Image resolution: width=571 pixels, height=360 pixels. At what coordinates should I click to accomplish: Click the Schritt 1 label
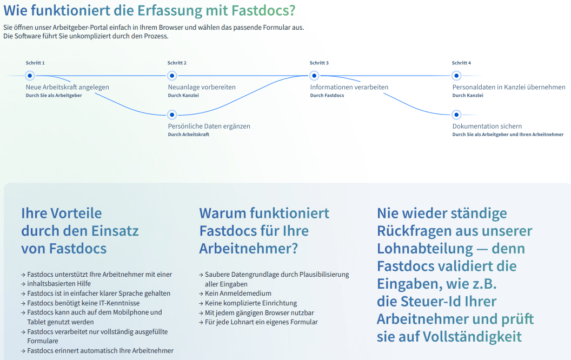35,63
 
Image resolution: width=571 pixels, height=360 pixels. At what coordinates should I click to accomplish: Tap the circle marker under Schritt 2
172,76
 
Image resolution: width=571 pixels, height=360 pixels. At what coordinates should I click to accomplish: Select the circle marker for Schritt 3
314,76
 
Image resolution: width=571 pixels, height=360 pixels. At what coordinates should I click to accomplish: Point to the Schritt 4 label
461,63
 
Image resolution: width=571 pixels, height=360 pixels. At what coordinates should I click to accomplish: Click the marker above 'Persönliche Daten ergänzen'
172,115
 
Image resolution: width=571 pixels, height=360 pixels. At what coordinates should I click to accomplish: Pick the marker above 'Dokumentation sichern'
456,115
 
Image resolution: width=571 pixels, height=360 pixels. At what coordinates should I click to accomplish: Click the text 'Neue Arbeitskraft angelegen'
68,88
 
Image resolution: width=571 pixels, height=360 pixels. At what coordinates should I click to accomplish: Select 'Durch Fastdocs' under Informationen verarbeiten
327,95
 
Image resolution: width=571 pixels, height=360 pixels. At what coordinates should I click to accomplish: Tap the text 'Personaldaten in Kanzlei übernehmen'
509,88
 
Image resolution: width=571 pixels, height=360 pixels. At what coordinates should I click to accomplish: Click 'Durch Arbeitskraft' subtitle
189,134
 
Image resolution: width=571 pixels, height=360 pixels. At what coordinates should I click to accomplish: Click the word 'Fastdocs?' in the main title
263,11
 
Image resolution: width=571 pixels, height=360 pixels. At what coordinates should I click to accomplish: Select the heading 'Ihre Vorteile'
62,214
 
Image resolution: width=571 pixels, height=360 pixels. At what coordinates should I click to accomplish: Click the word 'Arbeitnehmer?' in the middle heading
248,249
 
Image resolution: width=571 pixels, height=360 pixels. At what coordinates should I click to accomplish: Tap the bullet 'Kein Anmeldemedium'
238,294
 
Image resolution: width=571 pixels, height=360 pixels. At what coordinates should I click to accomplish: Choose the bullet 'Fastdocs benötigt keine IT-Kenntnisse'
83,303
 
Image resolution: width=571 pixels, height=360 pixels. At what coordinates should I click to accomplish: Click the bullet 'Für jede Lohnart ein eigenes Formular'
262,322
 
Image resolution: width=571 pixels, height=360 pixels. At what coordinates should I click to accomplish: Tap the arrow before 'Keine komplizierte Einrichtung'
201,304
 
